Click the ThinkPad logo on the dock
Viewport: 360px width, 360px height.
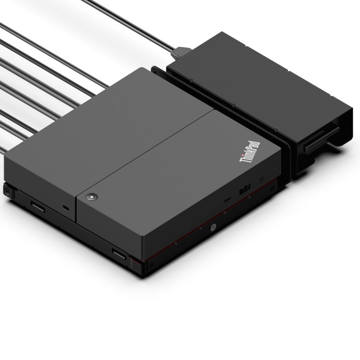[250, 152]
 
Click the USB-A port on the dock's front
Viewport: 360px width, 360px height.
[244, 189]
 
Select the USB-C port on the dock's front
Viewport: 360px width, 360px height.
[228, 200]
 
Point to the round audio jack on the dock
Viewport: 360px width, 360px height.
[261, 179]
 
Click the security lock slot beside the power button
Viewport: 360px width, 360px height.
[66, 208]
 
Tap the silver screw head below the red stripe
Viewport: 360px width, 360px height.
[213, 228]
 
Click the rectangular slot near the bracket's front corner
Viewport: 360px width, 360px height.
[119, 254]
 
